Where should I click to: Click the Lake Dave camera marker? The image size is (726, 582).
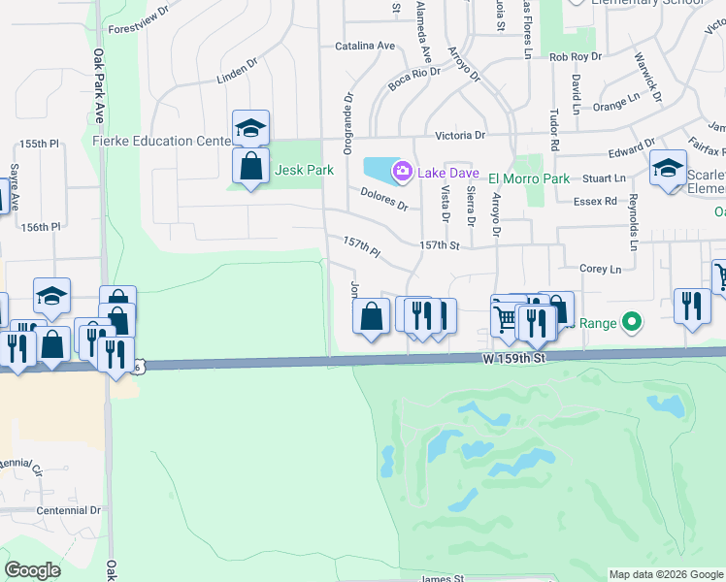(401, 172)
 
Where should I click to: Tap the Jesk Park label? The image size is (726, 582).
(304, 170)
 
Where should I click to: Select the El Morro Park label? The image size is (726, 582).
(528, 178)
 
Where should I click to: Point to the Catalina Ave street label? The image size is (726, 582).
(364, 46)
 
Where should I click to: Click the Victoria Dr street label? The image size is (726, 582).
(460, 136)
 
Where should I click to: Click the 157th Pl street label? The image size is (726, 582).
(361, 244)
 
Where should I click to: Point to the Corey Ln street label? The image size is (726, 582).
(599, 269)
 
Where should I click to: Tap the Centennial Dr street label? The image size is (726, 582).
(68, 509)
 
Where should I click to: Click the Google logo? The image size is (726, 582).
(32, 570)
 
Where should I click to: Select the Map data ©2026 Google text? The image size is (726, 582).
(665, 574)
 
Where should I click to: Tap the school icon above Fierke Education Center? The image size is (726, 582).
(250, 128)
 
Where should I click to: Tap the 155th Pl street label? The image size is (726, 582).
(40, 144)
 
